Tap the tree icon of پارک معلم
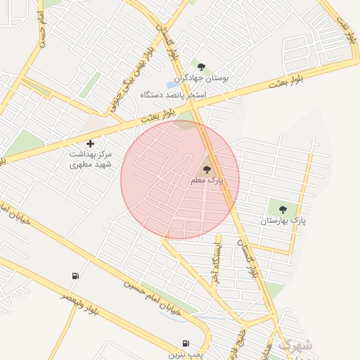207,169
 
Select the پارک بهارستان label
284,221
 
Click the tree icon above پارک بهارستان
283,209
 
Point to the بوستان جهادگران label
203,79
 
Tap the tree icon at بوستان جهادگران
202,67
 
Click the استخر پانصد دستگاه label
172,94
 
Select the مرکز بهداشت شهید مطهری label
90,158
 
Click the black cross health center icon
90,143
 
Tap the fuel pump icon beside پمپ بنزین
186,343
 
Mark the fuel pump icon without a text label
75,276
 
